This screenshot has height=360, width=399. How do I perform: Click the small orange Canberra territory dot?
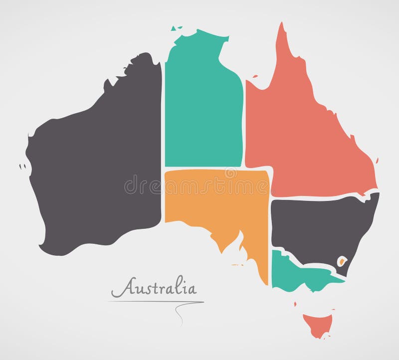coord(343,260)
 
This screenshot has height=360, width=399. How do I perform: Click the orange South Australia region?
coord(219,199)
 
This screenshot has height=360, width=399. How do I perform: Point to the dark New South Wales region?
coord(319,224)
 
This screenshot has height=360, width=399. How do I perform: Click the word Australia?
coord(153,289)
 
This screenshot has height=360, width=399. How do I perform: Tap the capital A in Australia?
coord(118,289)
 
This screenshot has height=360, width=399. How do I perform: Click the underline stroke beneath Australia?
coord(155,301)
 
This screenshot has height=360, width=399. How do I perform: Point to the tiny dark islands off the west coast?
coord(21,166)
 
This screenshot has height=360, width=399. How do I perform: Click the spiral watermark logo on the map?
coord(230,173)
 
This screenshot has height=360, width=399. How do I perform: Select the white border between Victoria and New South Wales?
coord(304,261)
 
